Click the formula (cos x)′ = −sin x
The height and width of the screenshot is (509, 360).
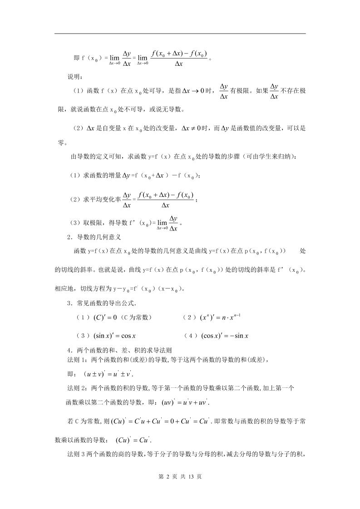(224, 336)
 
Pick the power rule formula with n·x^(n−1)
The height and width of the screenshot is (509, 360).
(222, 318)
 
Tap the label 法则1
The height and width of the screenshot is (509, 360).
(76, 360)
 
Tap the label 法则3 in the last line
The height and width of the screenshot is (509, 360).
(76, 454)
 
